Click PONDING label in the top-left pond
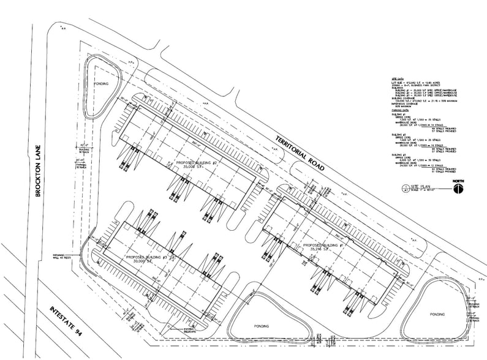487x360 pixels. [x=102, y=83]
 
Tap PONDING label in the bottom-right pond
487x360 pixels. [x=437, y=314]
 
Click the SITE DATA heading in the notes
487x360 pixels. [x=395, y=80]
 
